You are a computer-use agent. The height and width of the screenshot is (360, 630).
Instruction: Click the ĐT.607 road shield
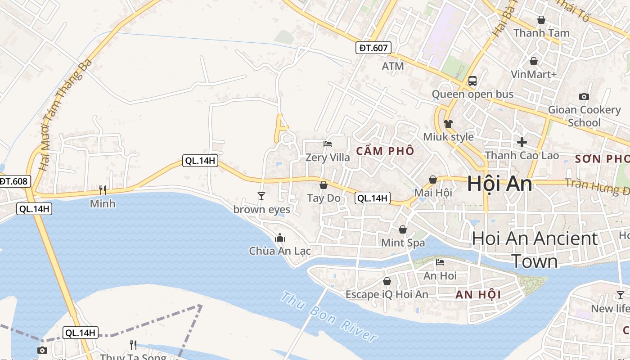coord(373,48)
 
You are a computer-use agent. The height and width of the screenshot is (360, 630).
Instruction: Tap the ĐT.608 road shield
coord(14,181)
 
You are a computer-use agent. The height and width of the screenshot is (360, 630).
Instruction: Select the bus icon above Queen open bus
coord(472,81)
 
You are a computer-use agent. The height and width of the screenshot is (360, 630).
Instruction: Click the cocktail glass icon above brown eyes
coord(261,196)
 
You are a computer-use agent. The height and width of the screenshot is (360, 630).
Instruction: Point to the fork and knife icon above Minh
coord(103,190)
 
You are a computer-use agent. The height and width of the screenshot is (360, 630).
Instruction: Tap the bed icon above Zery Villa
coord(328,144)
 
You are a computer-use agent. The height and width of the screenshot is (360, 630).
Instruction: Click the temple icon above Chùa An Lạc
coord(280,237)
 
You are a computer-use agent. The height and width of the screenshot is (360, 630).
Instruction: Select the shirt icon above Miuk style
coord(448,123)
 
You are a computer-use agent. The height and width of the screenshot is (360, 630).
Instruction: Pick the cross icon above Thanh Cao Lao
coord(522,142)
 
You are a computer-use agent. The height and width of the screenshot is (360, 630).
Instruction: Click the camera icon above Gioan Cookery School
coord(584,96)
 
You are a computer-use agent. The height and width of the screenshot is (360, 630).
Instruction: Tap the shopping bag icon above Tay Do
coord(323,184)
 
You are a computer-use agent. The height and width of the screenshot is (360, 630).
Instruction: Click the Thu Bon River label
coord(328,316)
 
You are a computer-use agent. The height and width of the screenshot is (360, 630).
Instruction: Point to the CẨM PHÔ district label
coord(385,151)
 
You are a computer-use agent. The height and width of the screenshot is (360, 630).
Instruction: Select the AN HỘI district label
coord(478,295)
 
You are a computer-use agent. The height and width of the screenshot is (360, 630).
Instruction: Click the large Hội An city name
coord(499,184)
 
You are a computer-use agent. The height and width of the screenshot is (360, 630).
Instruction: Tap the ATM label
coord(393,66)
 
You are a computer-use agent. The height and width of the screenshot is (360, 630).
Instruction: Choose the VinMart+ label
coord(534,74)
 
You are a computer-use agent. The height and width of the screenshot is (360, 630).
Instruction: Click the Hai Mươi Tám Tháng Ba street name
coord(65,115)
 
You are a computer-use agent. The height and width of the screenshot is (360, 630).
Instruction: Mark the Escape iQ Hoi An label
coord(387,294)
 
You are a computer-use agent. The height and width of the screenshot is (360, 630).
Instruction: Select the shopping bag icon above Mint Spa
coord(403,229)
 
